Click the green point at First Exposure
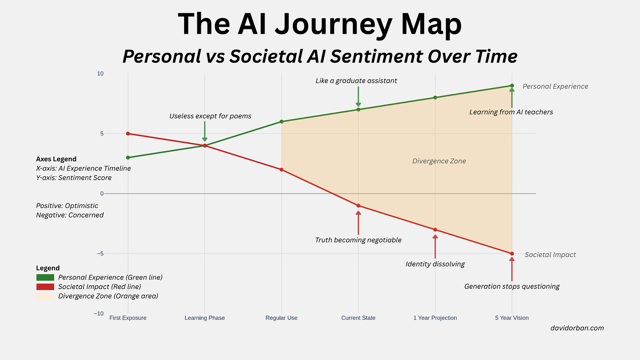128,157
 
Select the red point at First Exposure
128,134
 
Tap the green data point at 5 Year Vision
512,86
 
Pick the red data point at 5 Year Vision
512,254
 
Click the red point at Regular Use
281,170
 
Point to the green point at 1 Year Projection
435,98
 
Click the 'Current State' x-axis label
358,318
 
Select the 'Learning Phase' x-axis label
204,318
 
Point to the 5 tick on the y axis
101,134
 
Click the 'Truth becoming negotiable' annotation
358,240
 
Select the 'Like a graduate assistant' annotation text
356,81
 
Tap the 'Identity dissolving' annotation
435,264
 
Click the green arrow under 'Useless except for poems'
204,131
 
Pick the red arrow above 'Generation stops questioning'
512,269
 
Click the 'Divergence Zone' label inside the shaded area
439,161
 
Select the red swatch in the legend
45,287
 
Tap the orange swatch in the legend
45,296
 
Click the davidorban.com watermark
577,328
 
